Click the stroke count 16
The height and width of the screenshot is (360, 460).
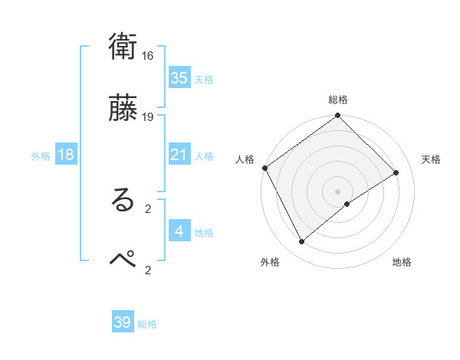148,56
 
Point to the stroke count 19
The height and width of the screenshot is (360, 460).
148,116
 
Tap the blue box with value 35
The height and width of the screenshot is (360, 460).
179,78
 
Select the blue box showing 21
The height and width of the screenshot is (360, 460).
179,155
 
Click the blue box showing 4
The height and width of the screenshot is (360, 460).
179,231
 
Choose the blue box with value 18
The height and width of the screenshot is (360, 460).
66,155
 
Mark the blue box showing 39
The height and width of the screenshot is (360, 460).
123,322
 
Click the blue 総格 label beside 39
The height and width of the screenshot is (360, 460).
147,324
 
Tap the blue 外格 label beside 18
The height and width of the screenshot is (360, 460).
41,156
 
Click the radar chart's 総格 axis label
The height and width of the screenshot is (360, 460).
338,100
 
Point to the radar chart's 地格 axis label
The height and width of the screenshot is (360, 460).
402,262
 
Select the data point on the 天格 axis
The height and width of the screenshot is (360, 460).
396,173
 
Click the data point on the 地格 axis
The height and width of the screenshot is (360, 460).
347,204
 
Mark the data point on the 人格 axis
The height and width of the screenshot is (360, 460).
264,168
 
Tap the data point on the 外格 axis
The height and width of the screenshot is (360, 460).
302,242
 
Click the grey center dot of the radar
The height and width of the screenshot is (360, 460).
338,191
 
